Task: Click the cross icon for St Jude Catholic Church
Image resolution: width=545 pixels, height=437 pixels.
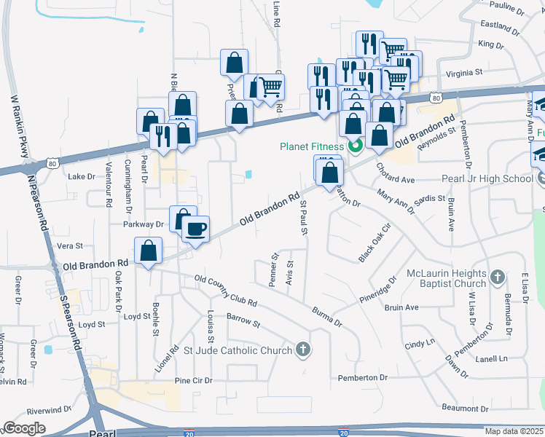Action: pos(304,350)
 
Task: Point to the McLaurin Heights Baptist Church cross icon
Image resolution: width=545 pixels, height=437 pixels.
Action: pos(497,277)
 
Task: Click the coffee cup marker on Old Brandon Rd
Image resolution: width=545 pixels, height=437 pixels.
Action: pos(195,229)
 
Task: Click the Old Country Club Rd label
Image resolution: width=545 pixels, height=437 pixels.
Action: pos(226,291)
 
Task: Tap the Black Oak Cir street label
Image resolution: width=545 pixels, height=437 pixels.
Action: pos(375,243)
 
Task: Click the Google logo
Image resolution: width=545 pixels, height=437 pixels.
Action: pos(24,428)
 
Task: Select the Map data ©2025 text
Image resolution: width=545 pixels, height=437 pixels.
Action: pos(514,431)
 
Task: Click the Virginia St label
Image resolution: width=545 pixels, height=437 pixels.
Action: pos(464,73)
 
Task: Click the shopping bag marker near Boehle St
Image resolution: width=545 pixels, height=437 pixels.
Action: pos(149,251)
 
